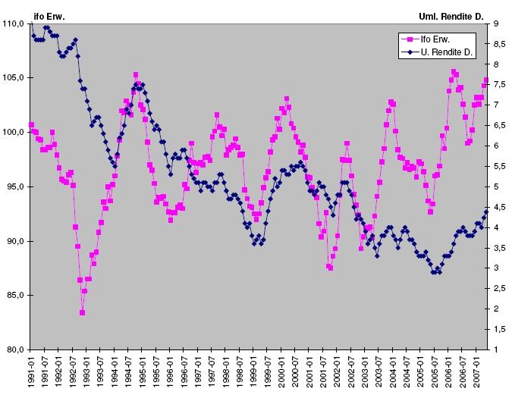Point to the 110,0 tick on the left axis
14,24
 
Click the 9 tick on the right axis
495,24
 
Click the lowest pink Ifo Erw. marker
82,312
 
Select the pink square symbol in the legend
410,38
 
